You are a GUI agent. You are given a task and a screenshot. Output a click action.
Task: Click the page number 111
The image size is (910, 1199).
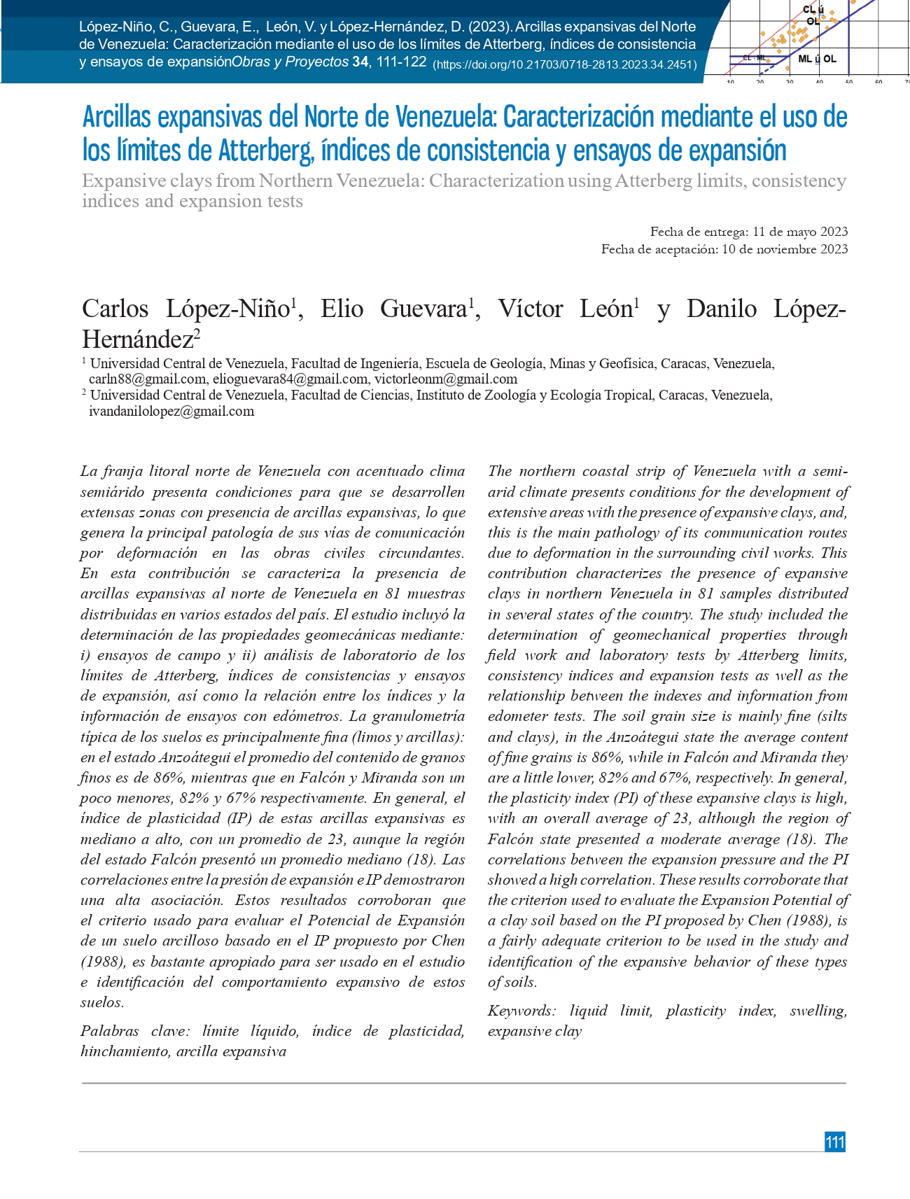[834, 1142]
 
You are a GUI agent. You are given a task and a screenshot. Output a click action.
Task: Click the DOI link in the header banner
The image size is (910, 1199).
[565, 64]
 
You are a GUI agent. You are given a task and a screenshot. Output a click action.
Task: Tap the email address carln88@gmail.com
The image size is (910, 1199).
[147, 379]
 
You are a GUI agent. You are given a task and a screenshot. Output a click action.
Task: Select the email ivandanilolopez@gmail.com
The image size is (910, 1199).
[171, 412]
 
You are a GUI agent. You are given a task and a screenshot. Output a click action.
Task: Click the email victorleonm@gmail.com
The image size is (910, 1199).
[446, 379]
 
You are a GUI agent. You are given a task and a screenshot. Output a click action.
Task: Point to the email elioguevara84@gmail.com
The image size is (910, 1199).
[290, 379]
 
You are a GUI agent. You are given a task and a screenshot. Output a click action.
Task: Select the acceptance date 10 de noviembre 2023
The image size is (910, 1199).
[785, 249]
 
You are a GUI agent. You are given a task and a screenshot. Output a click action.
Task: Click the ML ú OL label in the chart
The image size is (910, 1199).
[817, 59]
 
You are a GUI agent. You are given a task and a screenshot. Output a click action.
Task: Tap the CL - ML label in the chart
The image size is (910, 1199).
[755, 57]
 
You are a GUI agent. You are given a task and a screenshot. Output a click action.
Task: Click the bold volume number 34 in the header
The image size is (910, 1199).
[360, 62]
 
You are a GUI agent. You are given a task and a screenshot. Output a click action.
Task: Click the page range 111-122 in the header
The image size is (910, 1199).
[401, 62]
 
